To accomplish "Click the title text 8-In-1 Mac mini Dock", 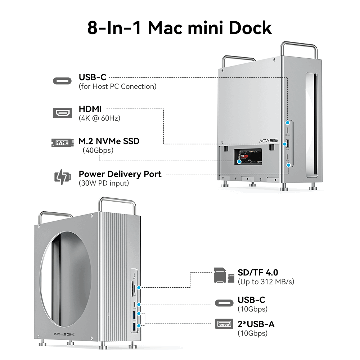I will (180, 28).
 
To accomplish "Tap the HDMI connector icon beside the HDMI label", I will (62, 113).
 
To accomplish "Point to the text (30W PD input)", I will (104, 183).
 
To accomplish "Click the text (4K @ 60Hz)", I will (99, 118).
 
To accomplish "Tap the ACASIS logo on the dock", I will (268, 141).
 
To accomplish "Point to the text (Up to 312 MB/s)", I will (266, 282).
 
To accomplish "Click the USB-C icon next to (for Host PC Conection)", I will (62, 81).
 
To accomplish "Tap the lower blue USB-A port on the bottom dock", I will (135, 328).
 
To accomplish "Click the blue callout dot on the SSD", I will (239, 161).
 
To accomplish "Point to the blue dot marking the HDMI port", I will (285, 144).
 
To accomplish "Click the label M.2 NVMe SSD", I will (109, 141).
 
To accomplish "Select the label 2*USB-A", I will (256, 324).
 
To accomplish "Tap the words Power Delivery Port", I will (120, 174).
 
